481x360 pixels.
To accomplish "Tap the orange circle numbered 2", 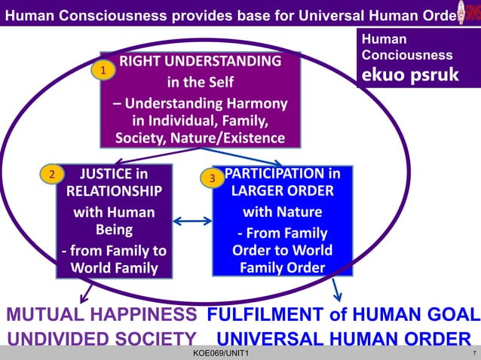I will pos(51,175).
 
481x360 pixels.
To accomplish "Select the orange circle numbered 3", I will pos(213,178).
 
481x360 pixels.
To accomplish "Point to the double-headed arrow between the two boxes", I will pos(192,221).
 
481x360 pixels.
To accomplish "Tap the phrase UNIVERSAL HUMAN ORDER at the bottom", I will pos(344,339).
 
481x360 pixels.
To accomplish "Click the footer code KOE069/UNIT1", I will pos(222,354).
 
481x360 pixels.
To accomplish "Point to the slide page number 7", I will pos(472,353).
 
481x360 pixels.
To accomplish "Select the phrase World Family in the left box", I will pos(114,267).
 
